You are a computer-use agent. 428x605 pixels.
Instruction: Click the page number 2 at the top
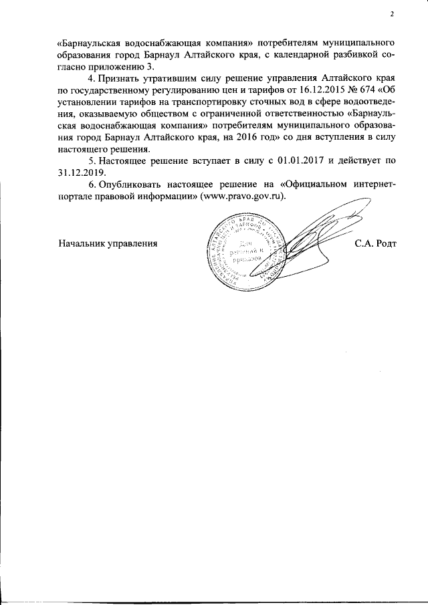tap(393, 14)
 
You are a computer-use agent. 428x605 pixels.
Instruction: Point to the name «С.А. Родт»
tap(376, 244)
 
